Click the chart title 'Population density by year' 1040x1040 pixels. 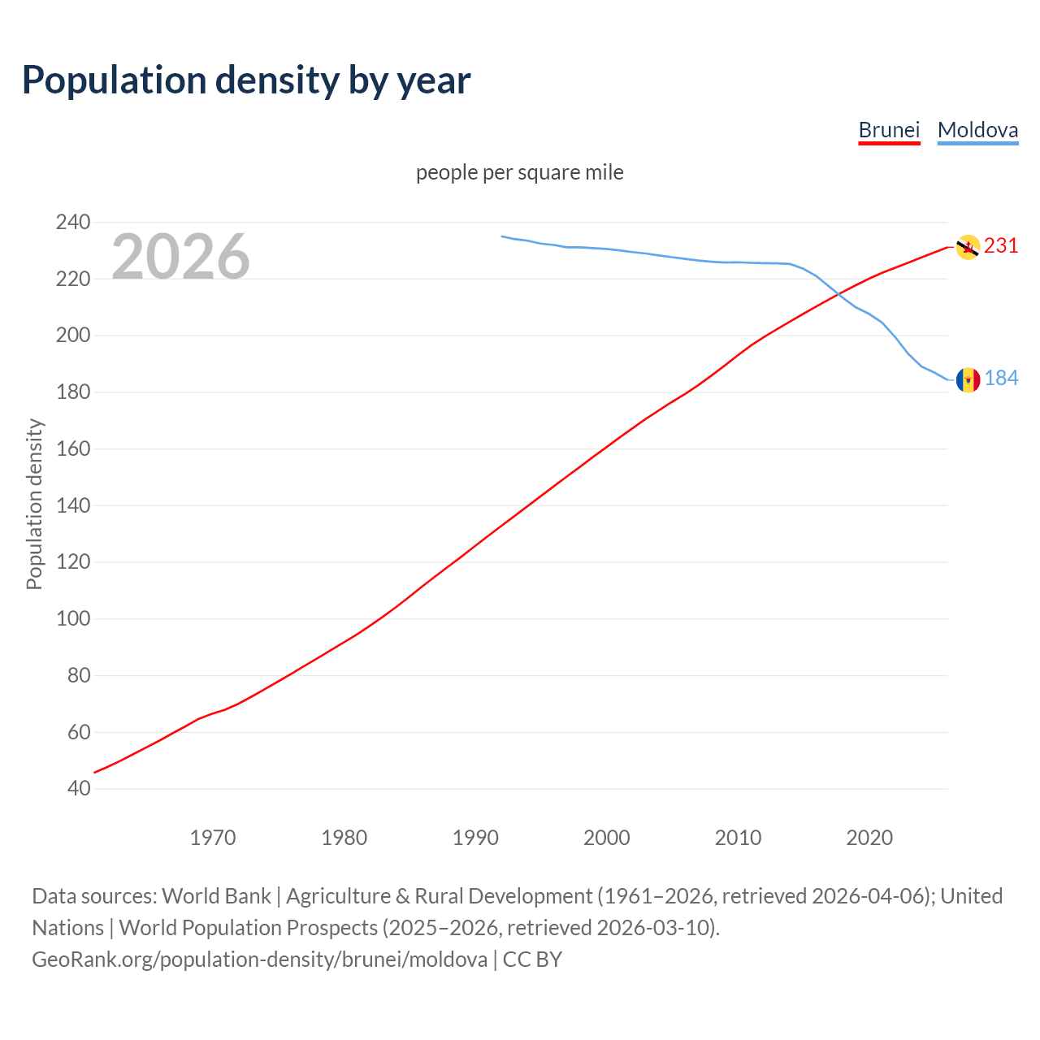click(246, 80)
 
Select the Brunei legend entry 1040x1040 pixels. click(889, 130)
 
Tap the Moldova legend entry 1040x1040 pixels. click(977, 130)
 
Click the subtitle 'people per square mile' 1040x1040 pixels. click(520, 173)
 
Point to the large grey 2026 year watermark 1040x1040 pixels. click(180, 257)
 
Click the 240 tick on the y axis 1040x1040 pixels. click(73, 222)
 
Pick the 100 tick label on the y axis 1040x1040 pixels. click(73, 619)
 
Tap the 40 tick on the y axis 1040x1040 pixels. click(79, 789)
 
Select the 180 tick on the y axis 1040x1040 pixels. click(73, 392)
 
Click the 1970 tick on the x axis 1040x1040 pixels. click(213, 838)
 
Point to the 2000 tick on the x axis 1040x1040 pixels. click(607, 838)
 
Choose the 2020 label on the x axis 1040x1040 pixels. click(869, 838)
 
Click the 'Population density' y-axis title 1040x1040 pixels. click(34, 504)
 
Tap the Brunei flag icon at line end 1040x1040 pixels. click(968, 247)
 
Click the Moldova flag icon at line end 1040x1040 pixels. click(968, 379)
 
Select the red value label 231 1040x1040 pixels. click(1001, 246)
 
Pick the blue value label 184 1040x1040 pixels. click(1001, 379)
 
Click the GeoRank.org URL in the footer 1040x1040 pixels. click(259, 960)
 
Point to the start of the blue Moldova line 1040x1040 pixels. click(502, 236)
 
